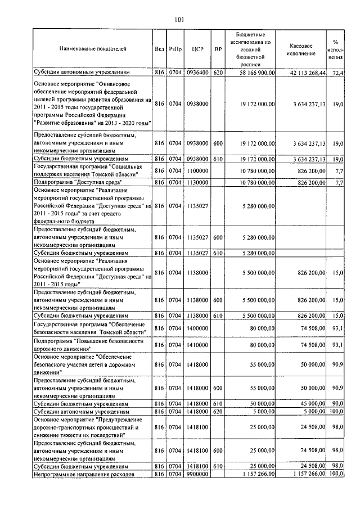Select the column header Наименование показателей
point(93,49)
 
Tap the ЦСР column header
point(197,49)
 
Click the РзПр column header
point(174,49)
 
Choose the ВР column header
point(218,49)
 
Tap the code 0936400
point(197,73)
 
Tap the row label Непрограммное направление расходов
point(84,475)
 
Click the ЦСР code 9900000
point(197,475)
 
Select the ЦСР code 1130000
point(197,183)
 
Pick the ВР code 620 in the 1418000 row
point(218,411)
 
